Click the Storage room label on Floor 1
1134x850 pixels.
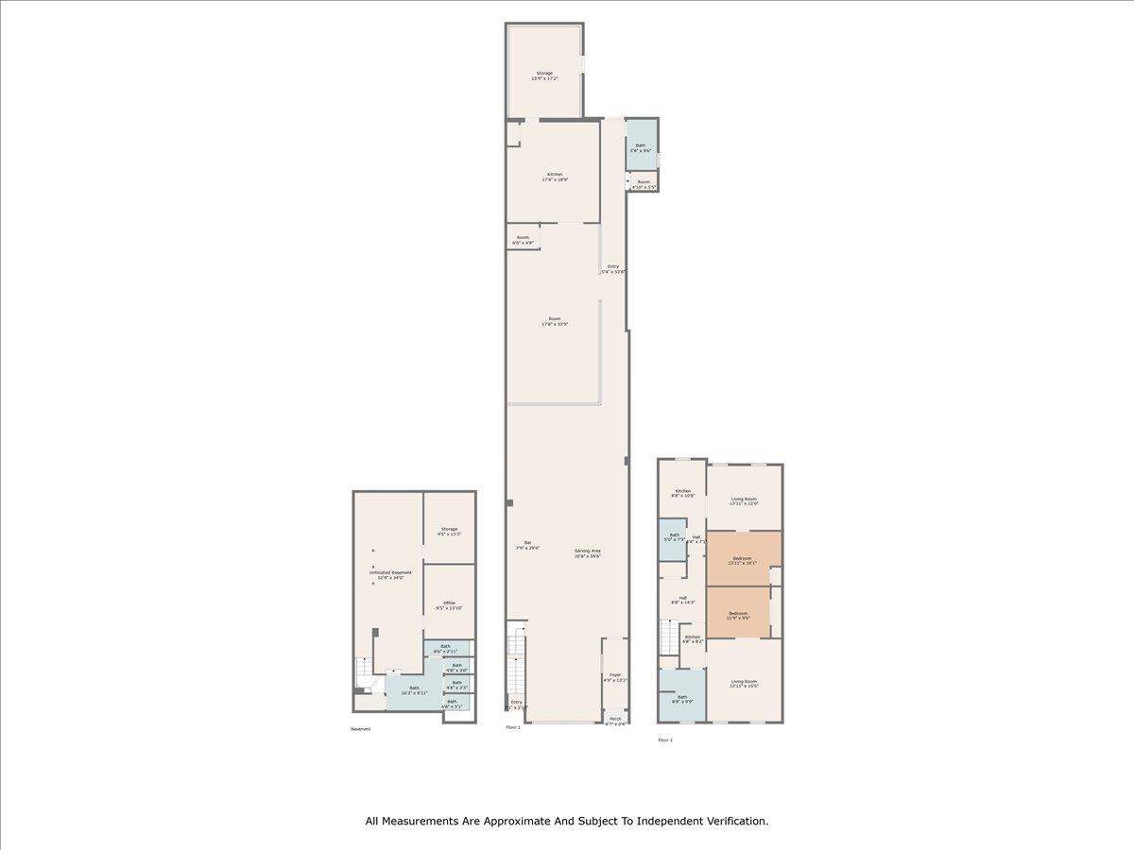(544, 76)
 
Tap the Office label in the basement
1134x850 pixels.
(449, 605)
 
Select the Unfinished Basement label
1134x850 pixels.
(390, 574)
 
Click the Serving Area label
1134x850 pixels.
(587, 553)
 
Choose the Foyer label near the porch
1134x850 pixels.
(615, 677)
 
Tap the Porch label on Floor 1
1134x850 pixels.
(615, 722)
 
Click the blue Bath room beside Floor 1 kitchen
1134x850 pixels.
(641, 147)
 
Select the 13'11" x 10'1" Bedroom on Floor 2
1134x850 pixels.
(745, 559)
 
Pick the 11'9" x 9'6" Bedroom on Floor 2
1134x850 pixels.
(739, 615)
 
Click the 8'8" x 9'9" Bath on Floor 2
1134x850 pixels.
(682, 698)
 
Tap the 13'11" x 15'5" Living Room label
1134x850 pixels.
(745, 683)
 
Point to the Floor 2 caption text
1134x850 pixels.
(665, 739)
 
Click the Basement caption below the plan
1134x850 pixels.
(361, 729)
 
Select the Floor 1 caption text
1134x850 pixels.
(513, 727)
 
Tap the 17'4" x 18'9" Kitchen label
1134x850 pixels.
(555, 177)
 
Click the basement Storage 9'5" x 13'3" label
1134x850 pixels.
(449, 532)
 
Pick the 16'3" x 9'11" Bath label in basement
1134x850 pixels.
(414, 690)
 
